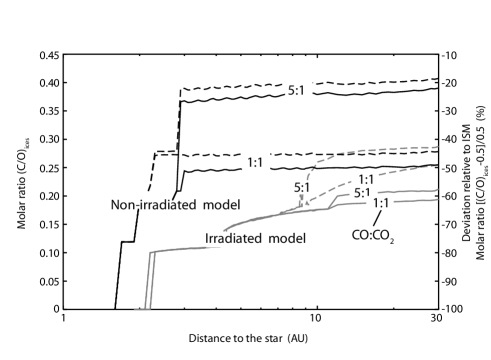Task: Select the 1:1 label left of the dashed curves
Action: [x=256, y=161]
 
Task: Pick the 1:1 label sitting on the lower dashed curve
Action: [x=364, y=180]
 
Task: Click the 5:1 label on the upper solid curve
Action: [x=363, y=193]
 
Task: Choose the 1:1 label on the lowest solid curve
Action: [x=381, y=203]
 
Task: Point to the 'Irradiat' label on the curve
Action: [x=225, y=239]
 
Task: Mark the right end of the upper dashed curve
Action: [x=438, y=147]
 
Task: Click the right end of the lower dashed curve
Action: [x=438, y=166]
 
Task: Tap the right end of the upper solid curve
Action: [x=438, y=189]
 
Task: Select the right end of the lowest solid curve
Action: [x=438, y=199]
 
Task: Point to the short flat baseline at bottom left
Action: [x=141, y=309]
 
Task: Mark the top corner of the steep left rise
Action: [x=153, y=252]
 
